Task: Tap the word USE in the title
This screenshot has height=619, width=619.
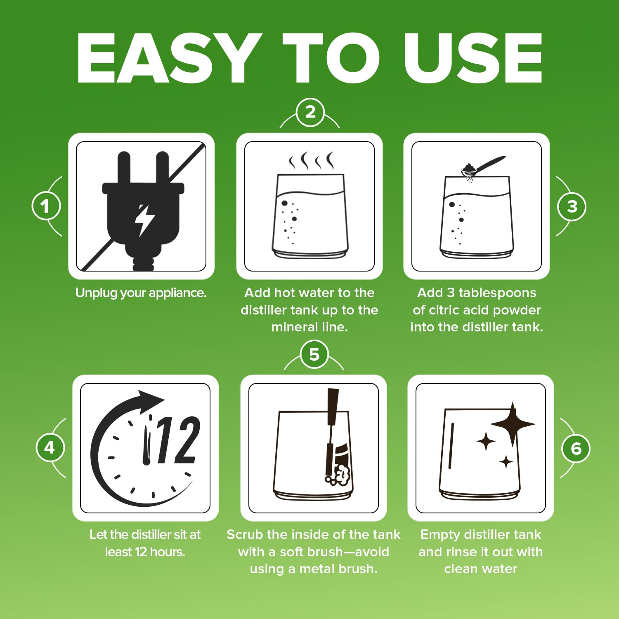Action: click(x=473, y=58)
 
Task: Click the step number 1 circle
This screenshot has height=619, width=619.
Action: click(x=46, y=206)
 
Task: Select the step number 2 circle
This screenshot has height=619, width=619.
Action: click(x=310, y=112)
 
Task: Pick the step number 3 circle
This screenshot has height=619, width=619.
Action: click(x=572, y=206)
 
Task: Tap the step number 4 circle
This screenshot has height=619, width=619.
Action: click(x=50, y=448)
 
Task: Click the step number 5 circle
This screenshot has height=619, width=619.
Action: click(x=314, y=354)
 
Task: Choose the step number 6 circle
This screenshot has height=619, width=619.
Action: click(x=576, y=448)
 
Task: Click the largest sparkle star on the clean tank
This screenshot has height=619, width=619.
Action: click(x=513, y=424)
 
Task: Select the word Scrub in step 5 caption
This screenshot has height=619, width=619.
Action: click(x=245, y=535)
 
